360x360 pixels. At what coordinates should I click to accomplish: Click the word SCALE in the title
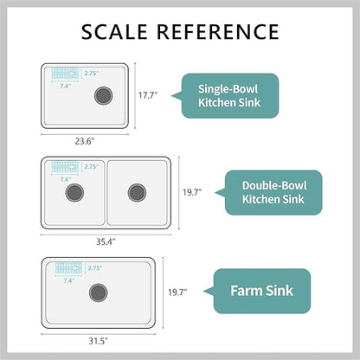tap(114, 31)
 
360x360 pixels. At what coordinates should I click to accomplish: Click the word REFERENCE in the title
tap(218, 31)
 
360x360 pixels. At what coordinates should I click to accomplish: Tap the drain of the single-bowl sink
tap(103, 96)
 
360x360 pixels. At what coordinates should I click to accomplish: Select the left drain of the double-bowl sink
tap(74, 193)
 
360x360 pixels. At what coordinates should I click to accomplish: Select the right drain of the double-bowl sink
tap(137, 193)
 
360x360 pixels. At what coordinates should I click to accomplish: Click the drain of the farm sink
tap(99, 292)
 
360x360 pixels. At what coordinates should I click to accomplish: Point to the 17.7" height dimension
tap(148, 95)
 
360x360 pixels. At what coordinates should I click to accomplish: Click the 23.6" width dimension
tap(85, 141)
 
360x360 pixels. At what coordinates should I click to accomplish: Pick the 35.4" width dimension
tap(106, 241)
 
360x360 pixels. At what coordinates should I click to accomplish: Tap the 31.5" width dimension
tap(98, 341)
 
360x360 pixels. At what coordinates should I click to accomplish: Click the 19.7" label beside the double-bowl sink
tap(192, 192)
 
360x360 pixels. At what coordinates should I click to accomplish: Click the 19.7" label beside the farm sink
tap(177, 292)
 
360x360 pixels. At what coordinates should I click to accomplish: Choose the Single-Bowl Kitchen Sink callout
tap(230, 96)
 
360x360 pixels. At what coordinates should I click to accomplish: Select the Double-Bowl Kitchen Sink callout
tap(273, 193)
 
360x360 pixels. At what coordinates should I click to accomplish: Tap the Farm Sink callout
tap(261, 291)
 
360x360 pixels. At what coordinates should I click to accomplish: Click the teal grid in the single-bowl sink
tap(65, 74)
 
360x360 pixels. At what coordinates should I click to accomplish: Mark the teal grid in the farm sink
tap(68, 268)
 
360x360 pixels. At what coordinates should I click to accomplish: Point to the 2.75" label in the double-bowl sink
tap(92, 167)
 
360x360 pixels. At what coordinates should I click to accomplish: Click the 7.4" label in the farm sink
tap(69, 280)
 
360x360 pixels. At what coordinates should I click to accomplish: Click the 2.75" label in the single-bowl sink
tap(92, 74)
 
